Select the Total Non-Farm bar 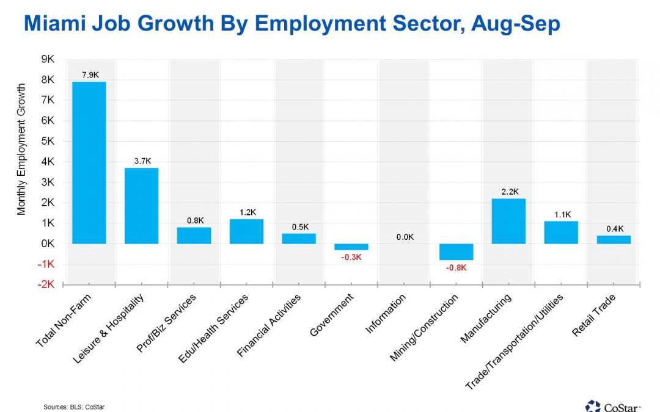[89, 162]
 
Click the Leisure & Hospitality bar [141, 206]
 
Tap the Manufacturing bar [508, 221]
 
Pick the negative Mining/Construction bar [456, 251]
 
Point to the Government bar [351, 247]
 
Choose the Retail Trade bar [613, 239]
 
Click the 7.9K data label [89, 75]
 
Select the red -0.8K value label [456, 267]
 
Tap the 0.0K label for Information [403, 237]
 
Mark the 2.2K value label [508, 192]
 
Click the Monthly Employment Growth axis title [22, 150]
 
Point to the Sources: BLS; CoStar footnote [70, 406]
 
